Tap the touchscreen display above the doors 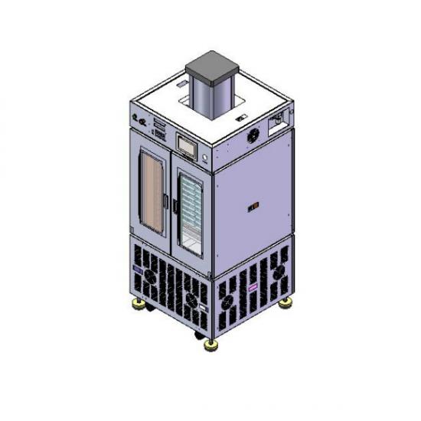187,143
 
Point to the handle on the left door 166,202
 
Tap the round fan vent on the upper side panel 253,135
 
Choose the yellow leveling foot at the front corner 210,344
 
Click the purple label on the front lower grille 139,270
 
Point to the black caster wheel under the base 199,335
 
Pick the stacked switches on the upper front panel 159,126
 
